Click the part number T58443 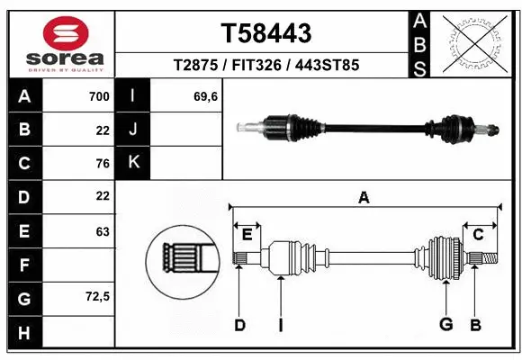(266, 34)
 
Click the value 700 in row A (99, 96)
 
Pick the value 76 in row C (102, 164)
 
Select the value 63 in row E (102, 231)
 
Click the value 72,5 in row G (96, 298)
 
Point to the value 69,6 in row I (206, 96)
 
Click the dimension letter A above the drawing (364, 198)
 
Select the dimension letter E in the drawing (247, 235)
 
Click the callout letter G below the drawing (445, 325)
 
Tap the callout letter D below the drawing (239, 325)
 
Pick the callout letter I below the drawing (280, 325)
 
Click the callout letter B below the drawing (475, 325)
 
